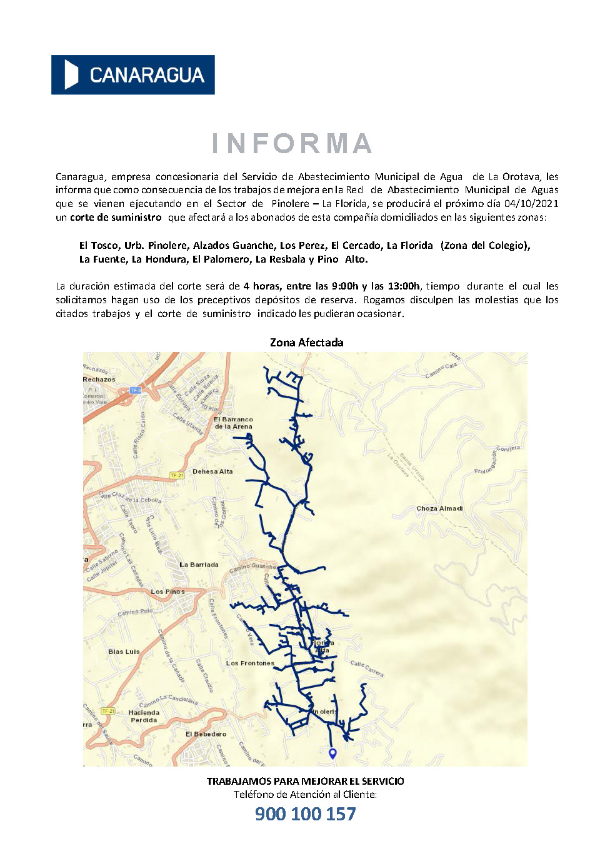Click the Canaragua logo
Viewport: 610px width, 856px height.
point(132,75)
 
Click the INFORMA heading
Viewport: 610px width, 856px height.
point(292,143)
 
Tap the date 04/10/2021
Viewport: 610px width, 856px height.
point(531,204)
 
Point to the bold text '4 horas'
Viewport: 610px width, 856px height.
point(262,286)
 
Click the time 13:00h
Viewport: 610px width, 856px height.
point(404,286)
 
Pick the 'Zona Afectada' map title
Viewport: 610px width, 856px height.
point(306,343)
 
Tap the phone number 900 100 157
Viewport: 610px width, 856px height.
point(305,813)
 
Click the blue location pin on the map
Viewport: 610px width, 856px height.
point(332,753)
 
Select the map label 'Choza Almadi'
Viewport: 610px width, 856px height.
point(439,508)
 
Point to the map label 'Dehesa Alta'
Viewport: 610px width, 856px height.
point(212,471)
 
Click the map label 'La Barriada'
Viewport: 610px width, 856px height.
point(199,565)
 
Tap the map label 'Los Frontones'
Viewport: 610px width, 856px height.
point(249,663)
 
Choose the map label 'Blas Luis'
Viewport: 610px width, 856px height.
point(124,652)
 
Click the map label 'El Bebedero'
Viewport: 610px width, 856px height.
point(206,734)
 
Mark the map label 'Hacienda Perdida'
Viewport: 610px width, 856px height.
point(144,717)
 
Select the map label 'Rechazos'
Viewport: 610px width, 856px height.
point(99,380)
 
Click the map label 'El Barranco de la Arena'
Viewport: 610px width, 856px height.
point(233,423)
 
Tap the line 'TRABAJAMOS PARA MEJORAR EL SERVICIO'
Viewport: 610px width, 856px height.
point(305,782)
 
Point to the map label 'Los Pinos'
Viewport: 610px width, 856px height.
point(167,592)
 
